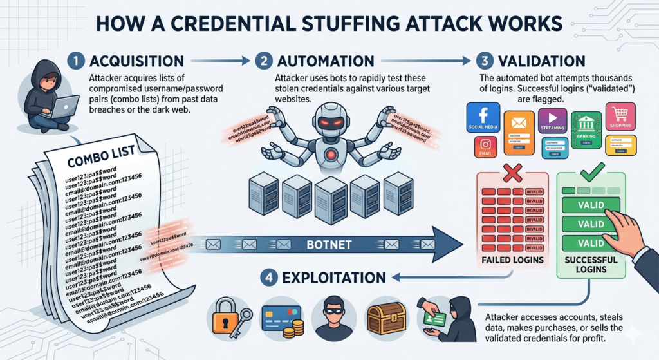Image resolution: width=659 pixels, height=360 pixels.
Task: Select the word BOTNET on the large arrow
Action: (329, 245)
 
